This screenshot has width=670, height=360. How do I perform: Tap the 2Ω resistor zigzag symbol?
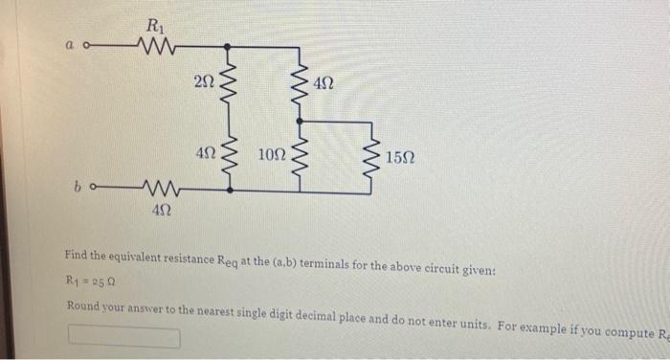(x=227, y=84)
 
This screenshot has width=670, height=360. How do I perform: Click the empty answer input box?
(x=123, y=337)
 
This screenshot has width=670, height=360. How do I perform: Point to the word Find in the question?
(x=77, y=257)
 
